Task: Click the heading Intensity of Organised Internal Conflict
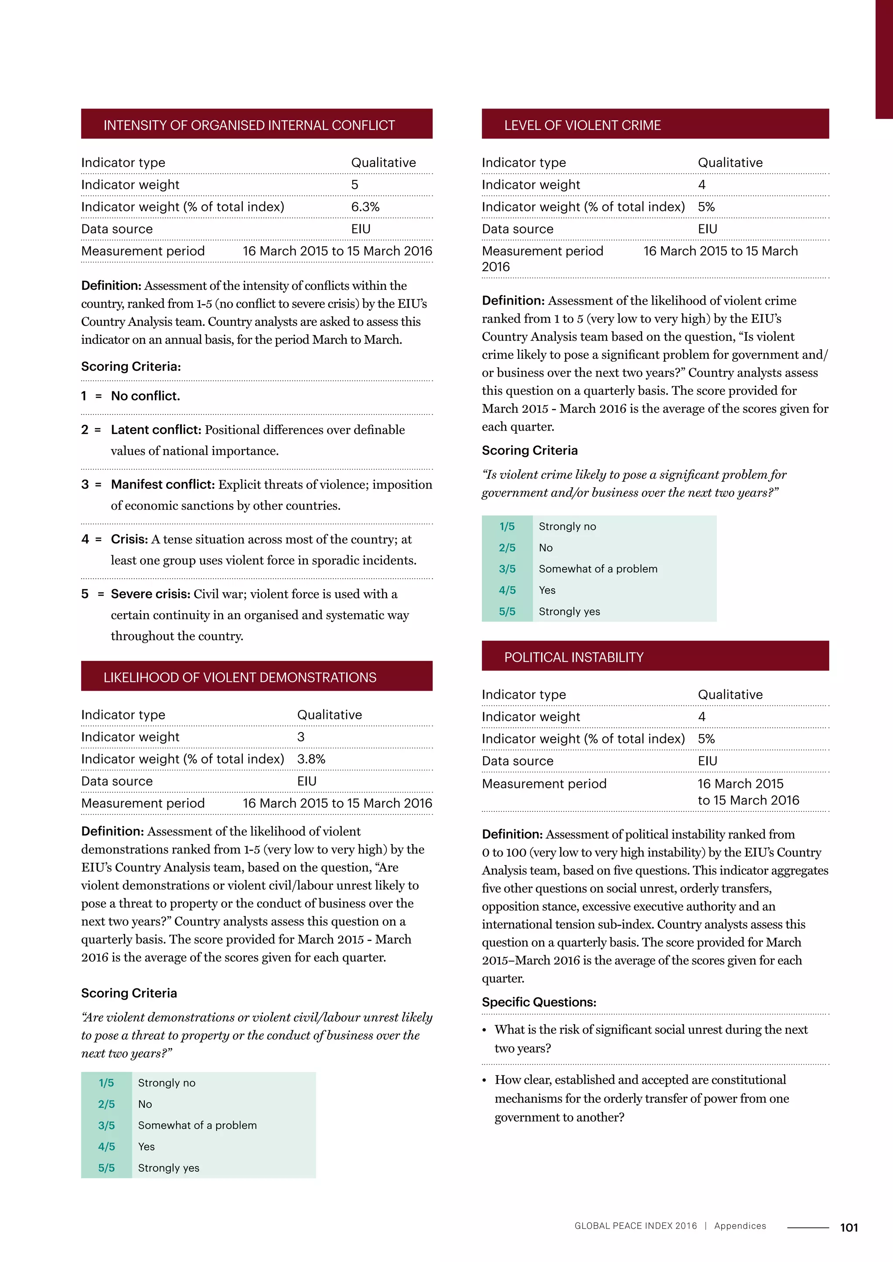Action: (x=249, y=126)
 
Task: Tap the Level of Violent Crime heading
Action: (x=582, y=126)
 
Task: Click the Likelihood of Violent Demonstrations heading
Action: (x=240, y=678)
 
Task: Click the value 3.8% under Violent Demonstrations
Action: (x=311, y=759)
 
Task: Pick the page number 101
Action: (x=849, y=1228)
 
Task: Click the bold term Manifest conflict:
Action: (x=163, y=484)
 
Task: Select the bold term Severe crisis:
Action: (x=151, y=594)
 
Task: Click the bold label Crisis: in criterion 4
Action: (x=129, y=539)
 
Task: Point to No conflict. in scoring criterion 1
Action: (x=145, y=396)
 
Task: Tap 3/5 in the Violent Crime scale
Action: (x=507, y=569)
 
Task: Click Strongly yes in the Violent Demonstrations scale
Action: (x=168, y=1168)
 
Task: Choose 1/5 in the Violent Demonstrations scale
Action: (x=106, y=1083)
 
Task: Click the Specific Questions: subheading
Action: (x=539, y=1002)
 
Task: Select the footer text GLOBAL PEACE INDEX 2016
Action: (x=635, y=1226)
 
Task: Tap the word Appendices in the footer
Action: (x=740, y=1226)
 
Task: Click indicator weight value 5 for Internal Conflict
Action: (x=354, y=185)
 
